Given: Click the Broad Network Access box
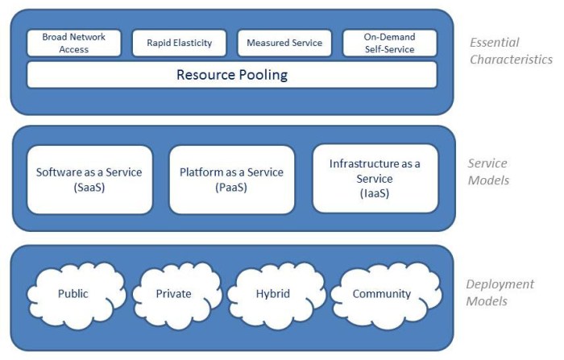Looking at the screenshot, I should [x=74, y=43].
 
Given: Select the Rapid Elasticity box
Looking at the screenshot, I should [x=179, y=43].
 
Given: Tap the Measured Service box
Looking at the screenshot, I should [x=284, y=43].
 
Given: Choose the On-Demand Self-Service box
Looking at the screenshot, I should [x=389, y=43].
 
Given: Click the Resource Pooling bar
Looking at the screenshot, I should [x=232, y=76].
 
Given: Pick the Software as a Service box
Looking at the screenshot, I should [x=89, y=179].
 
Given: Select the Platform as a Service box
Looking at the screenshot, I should [x=232, y=179].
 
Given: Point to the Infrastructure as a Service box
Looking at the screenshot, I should [x=375, y=179].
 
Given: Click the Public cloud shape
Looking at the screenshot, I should [x=73, y=294].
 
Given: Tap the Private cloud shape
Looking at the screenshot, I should [x=174, y=294].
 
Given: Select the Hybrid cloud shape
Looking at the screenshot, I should [x=275, y=294].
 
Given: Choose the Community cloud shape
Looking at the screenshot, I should [x=382, y=294].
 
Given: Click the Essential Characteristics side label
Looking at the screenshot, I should [x=512, y=52].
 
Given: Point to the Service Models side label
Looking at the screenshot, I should [x=489, y=172].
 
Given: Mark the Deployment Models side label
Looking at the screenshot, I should [x=500, y=292].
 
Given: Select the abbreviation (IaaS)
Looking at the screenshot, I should [x=375, y=193].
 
